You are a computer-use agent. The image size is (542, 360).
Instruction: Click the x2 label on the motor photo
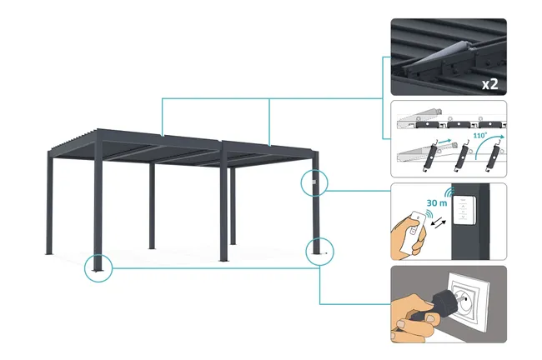[x=490, y=84]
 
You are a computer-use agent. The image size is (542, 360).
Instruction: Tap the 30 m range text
[x=437, y=202]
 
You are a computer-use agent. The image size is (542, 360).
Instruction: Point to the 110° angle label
[x=479, y=136]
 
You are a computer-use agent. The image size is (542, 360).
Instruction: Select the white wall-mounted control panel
[x=464, y=211]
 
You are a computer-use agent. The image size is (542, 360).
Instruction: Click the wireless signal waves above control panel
[x=449, y=192]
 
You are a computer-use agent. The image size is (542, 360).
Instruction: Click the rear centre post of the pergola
[x=152, y=206]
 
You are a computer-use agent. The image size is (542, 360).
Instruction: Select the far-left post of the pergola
[x=50, y=203]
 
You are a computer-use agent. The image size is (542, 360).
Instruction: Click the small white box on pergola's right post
[x=314, y=182]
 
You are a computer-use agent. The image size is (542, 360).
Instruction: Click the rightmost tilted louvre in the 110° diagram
[x=492, y=157]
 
